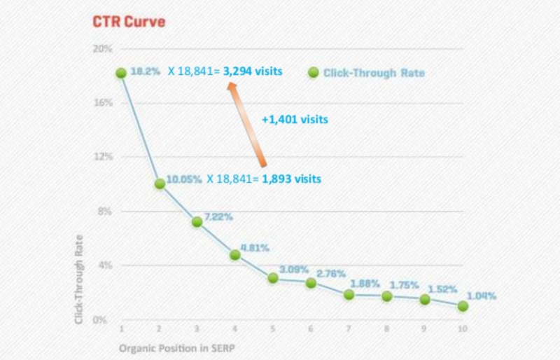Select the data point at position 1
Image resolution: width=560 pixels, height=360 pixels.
pyautogui.click(x=121, y=73)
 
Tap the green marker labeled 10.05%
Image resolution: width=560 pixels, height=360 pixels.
pyautogui.click(x=160, y=184)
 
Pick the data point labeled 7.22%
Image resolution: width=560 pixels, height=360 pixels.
pyautogui.click(x=197, y=221)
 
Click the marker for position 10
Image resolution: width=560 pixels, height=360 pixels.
pyautogui.click(x=463, y=306)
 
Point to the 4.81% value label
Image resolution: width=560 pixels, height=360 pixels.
pyautogui.click(x=255, y=248)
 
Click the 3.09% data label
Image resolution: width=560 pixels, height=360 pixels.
pyautogui.click(x=293, y=269)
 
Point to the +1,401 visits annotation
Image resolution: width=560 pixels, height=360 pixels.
pyautogui.click(x=295, y=120)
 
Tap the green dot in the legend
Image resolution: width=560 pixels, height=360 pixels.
pyautogui.click(x=313, y=72)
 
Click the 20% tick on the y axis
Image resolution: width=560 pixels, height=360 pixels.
pyautogui.click(x=102, y=49)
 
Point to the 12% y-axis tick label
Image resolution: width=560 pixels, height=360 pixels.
pyautogui.click(x=102, y=157)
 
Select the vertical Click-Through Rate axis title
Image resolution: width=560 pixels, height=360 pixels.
pyautogui.click(x=80, y=278)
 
